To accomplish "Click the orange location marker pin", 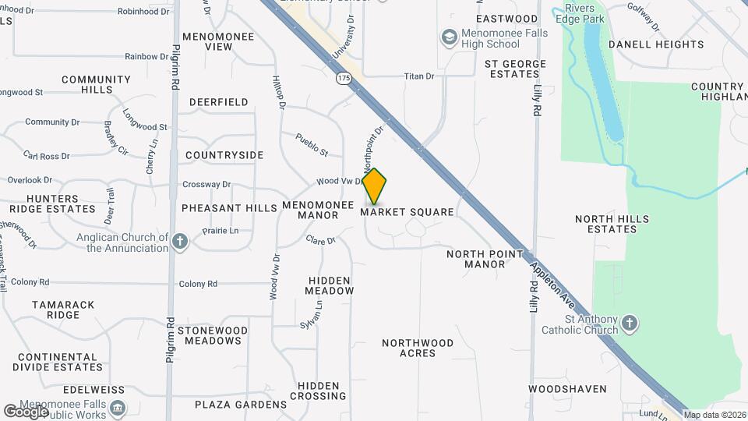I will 375,186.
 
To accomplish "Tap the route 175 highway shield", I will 344,79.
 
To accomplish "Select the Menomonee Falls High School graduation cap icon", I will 449,37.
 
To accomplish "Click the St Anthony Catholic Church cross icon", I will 630,322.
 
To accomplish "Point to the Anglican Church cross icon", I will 181,241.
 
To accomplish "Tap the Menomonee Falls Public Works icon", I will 117,408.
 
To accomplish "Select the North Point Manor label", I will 475,259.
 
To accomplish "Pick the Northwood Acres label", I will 418,348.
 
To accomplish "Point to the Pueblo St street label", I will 312,144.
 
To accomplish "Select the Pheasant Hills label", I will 229,208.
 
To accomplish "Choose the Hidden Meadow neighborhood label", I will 331,285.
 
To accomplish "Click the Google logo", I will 26,411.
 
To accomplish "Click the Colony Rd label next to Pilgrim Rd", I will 198,283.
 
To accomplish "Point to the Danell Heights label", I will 656,44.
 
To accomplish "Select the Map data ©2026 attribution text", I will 715,415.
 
